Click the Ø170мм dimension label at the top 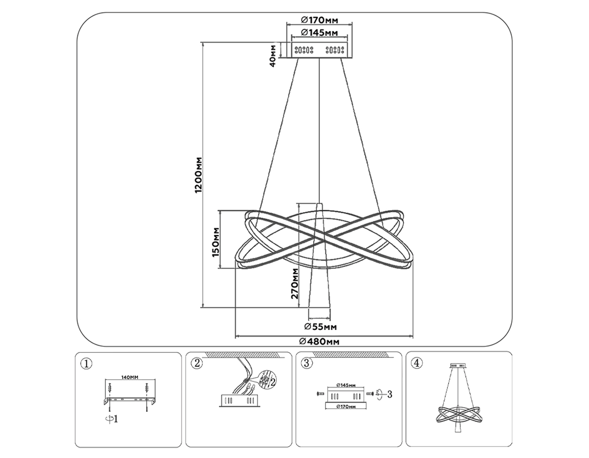click(x=319, y=20)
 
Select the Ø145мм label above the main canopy click(x=319, y=32)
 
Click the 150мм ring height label click(x=216, y=242)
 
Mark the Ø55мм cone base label click(x=320, y=326)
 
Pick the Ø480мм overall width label click(x=319, y=342)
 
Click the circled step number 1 click(x=86, y=363)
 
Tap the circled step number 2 click(x=197, y=363)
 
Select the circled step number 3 click(x=307, y=363)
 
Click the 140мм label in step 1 click(x=130, y=377)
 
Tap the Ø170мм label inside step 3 click(x=346, y=406)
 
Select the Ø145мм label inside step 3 click(x=346, y=385)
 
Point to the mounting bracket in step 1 click(x=130, y=400)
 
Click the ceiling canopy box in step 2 click(x=239, y=400)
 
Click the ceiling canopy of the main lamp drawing click(x=319, y=50)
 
